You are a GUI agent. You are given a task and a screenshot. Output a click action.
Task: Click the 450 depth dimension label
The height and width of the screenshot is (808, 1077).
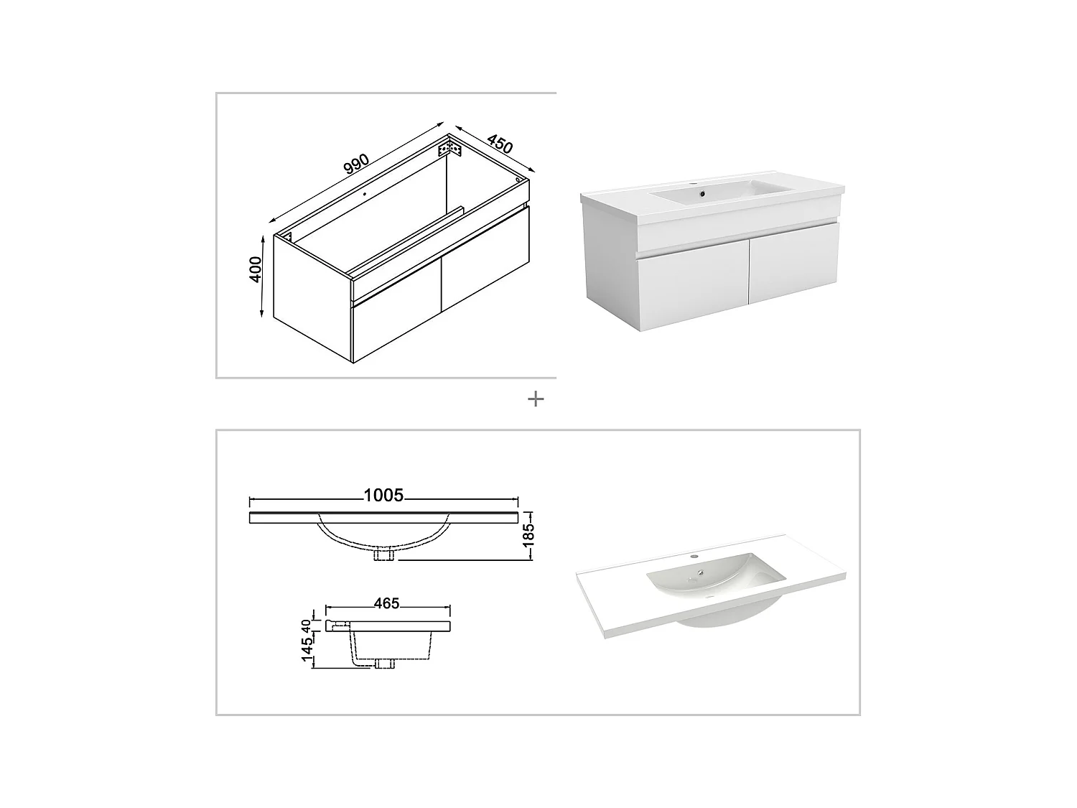(x=499, y=143)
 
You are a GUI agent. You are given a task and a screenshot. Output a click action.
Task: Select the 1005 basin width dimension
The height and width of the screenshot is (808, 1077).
(x=383, y=496)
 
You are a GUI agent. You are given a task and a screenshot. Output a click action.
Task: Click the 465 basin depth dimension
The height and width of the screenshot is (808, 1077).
(x=386, y=603)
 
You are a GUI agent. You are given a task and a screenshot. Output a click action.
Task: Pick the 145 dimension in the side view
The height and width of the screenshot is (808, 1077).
(x=307, y=649)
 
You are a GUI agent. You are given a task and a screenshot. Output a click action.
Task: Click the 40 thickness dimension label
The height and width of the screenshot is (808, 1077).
(x=307, y=625)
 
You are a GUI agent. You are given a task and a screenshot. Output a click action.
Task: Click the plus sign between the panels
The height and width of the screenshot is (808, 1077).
(x=535, y=399)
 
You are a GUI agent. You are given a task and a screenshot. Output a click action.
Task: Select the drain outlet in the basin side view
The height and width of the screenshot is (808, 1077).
(x=384, y=664)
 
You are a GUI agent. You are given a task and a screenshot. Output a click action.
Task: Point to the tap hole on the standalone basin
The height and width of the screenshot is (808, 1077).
(x=694, y=557)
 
